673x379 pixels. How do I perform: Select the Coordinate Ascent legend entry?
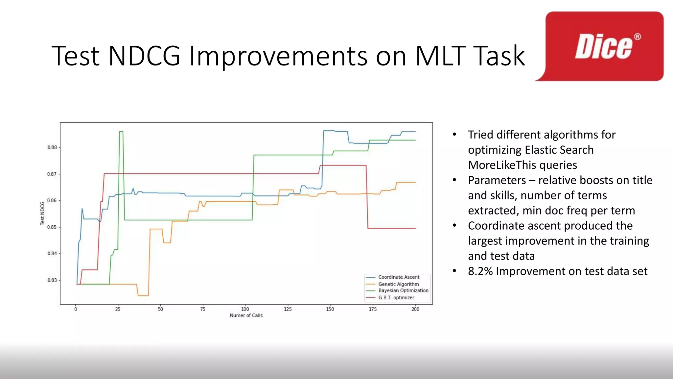click(399, 277)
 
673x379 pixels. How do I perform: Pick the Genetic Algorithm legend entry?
click(398, 284)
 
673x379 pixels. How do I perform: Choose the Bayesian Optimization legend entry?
click(403, 291)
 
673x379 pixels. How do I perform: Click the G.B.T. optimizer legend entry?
click(396, 298)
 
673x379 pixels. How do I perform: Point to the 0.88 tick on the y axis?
click(52, 147)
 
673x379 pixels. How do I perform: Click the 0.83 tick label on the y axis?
click(52, 280)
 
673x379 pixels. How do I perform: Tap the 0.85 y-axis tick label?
click(52, 227)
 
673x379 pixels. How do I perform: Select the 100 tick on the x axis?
click(245, 309)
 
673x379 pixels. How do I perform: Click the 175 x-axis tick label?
click(373, 309)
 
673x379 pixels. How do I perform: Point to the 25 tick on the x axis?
click(118, 309)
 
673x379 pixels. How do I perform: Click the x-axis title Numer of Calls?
click(246, 316)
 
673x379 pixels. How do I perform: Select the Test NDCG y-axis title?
click(42, 213)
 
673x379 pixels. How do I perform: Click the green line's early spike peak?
click(121, 132)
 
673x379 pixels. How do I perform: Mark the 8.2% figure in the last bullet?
click(480, 271)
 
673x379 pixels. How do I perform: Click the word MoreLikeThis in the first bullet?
click(522, 165)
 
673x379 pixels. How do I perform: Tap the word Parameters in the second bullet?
click(497, 180)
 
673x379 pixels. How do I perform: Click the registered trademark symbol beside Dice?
click(637, 37)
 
